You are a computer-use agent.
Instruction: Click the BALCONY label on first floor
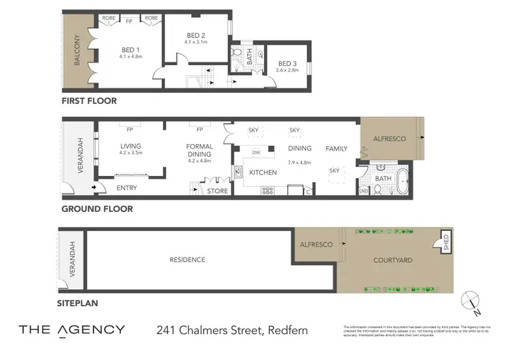(77, 50)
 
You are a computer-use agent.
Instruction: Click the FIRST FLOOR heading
(89, 101)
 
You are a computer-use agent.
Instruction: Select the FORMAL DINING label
(200, 150)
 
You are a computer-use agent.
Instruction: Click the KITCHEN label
(263, 173)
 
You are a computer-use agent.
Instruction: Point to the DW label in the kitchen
(257, 151)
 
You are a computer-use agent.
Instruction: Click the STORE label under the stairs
(217, 191)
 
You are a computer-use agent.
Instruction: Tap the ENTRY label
(126, 187)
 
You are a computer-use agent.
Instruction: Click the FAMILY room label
(336, 148)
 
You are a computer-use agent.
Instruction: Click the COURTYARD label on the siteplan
(392, 260)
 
